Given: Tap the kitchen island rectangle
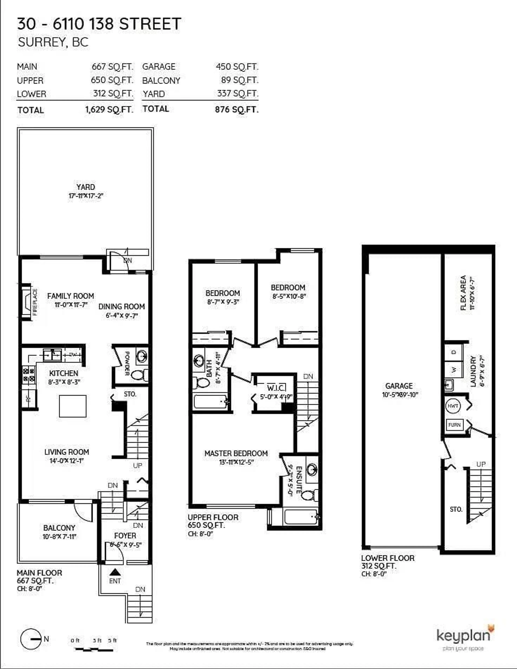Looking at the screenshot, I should (x=73, y=406).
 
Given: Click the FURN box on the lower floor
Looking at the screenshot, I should (x=454, y=425).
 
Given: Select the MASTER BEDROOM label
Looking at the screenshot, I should (x=236, y=453).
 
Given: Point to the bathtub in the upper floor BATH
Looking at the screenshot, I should (x=211, y=401).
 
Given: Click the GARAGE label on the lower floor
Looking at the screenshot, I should (x=399, y=386).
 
